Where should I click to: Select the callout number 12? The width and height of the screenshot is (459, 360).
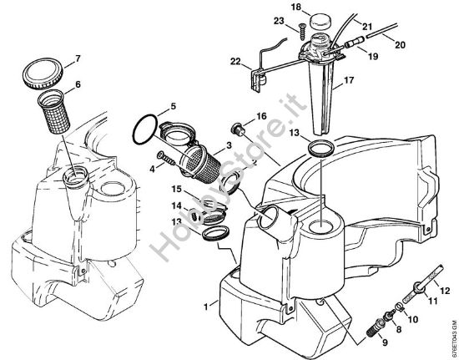(445, 288)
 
